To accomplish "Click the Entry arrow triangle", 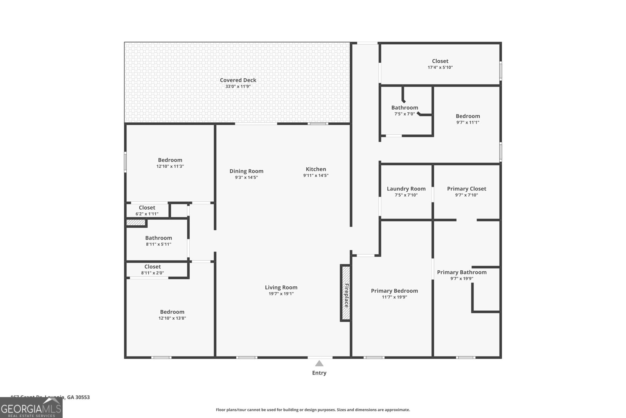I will (x=319, y=364).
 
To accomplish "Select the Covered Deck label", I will (x=238, y=80).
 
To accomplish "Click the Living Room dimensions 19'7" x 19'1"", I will (x=281, y=294).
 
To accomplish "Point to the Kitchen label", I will (x=316, y=169).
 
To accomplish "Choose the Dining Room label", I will (x=246, y=171).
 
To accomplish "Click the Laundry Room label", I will (x=406, y=189).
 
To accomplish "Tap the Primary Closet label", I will (x=466, y=189).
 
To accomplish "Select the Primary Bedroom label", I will (x=394, y=291).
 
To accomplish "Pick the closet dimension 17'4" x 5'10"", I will (x=440, y=67).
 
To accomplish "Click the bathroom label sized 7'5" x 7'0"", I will (x=405, y=108).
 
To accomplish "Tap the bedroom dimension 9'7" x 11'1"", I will (x=468, y=122).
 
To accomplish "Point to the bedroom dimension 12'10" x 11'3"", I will (x=170, y=166).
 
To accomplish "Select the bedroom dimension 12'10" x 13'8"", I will (x=172, y=318).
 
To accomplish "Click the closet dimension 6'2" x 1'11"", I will (x=147, y=214).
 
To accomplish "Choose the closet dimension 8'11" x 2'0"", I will (x=153, y=273).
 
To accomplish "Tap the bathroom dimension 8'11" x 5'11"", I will (x=158, y=244).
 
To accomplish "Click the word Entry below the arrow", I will (x=319, y=373).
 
